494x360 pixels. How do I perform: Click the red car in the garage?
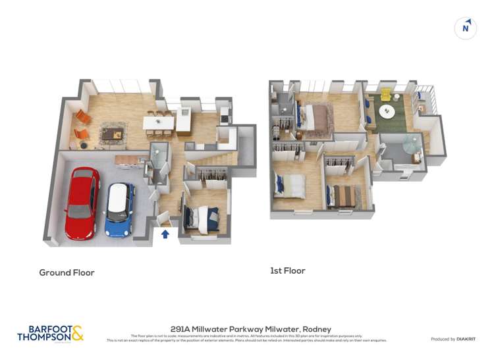82,203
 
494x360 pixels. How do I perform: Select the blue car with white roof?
120,209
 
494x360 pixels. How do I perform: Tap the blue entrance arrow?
165,233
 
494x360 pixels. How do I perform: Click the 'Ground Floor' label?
67,272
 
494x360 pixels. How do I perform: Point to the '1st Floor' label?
287,270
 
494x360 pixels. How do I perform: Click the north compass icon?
466,28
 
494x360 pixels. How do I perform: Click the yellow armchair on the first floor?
385,96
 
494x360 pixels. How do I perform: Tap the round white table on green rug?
387,111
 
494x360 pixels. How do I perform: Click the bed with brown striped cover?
343,195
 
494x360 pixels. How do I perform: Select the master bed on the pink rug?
314,117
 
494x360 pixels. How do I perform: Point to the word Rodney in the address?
317,329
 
